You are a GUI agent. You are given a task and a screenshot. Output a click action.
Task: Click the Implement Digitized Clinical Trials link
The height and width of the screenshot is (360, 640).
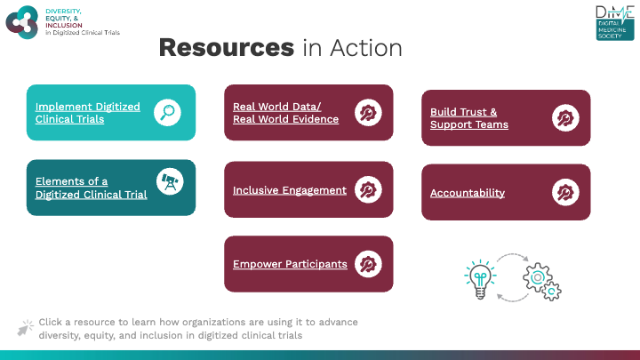[x=88, y=113]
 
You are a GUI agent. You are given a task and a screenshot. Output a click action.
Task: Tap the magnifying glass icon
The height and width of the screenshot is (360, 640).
[x=167, y=112]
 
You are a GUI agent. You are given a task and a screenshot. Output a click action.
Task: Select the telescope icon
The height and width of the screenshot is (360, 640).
[x=170, y=181]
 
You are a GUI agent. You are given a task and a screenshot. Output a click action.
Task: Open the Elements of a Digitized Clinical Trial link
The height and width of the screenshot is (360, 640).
[x=91, y=188]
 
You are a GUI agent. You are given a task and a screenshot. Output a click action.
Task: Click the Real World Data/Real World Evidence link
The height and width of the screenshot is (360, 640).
[x=285, y=113]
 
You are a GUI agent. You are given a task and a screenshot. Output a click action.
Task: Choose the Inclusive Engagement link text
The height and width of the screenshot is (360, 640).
[x=290, y=190]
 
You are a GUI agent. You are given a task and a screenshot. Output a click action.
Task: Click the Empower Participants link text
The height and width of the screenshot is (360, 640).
[x=290, y=264]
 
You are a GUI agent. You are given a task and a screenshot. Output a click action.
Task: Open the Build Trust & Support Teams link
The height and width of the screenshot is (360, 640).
[x=469, y=118]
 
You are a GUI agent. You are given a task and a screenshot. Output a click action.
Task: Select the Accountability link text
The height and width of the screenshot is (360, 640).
[x=468, y=193]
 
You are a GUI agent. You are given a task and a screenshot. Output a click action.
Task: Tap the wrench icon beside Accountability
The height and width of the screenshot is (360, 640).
[x=565, y=193]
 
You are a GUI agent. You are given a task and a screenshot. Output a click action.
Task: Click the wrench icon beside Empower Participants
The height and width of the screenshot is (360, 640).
[x=368, y=264]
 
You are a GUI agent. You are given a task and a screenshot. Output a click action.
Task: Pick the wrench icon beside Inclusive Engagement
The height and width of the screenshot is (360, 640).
[x=368, y=190]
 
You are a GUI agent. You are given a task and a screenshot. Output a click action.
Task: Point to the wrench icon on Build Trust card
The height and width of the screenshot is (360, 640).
[x=565, y=118]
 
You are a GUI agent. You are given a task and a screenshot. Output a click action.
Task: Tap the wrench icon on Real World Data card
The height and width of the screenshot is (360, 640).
[x=368, y=113]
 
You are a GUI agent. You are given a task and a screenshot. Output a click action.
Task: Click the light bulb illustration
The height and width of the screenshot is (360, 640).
[x=480, y=279]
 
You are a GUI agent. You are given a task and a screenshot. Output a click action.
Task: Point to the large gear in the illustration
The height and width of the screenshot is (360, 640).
[x=538, y=277]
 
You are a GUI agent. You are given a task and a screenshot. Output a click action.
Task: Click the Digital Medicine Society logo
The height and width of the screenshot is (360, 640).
[x=615, y=23]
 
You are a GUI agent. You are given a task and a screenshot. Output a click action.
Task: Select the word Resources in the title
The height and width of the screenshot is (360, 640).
[x=227, y=48]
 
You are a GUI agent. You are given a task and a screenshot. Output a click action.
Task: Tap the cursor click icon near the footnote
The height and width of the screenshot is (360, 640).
[x=25, y=328]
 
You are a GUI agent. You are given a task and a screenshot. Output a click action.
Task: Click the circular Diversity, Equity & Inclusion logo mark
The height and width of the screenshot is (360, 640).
[x=22, y=22]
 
